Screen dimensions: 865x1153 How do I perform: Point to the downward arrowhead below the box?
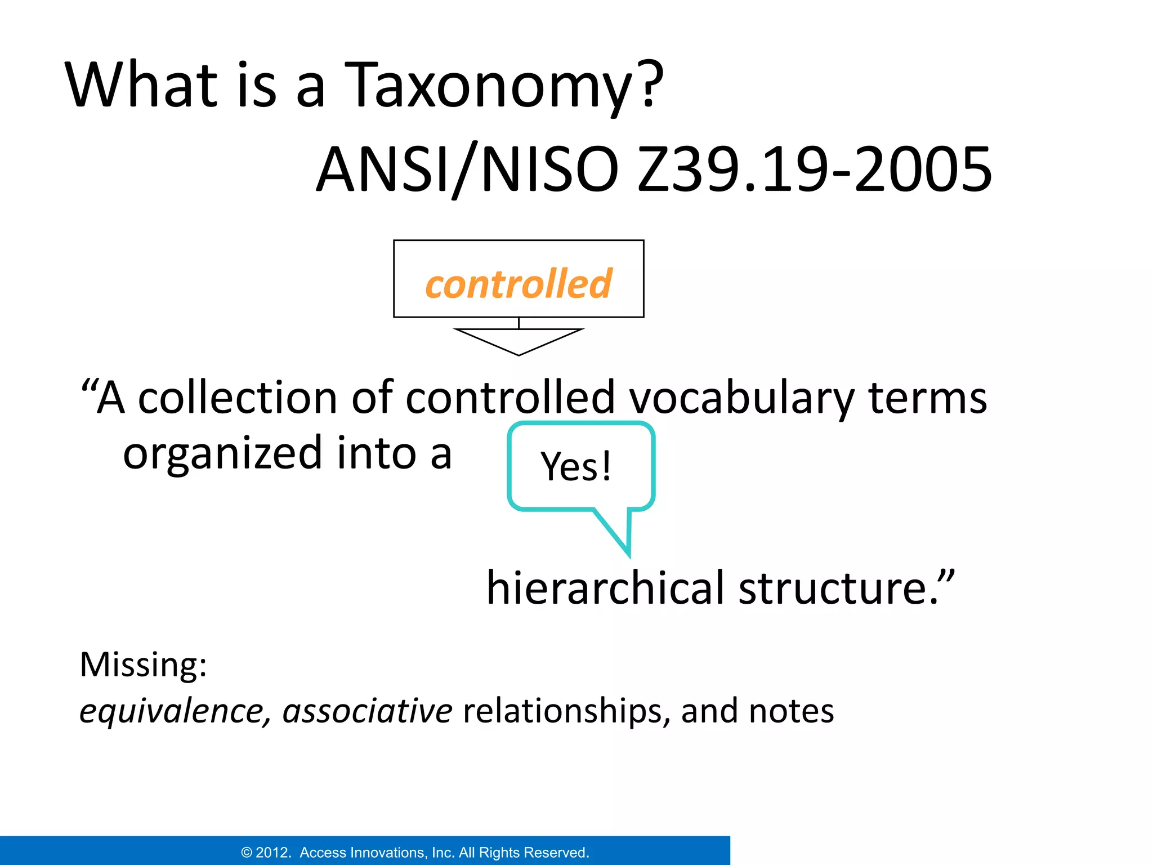519,341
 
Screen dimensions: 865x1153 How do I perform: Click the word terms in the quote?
927,398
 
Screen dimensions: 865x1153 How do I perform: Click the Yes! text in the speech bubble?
576,466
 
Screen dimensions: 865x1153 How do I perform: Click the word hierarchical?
605,588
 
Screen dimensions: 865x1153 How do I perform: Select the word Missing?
143,665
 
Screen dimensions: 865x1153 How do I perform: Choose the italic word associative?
367,711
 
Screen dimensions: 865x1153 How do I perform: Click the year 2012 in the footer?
273,853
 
